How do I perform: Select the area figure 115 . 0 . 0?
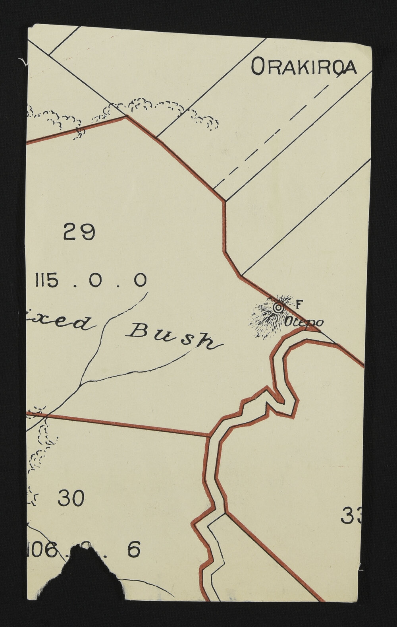(x=91, y=281)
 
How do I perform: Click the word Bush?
(x=174, y=336)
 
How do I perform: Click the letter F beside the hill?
(x=299, y=305)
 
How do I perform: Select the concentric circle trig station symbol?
(x=278, y=307)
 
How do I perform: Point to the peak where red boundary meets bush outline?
(x=125, y=116)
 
